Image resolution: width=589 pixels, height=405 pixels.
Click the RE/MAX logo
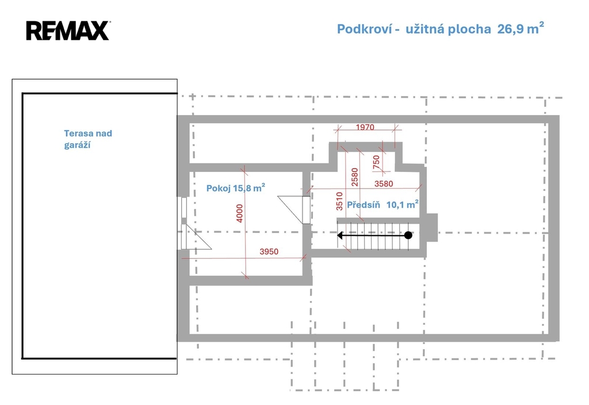tap(68, 30)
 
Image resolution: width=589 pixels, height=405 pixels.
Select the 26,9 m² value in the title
tap(521, 28)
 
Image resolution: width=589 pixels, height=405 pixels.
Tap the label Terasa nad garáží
tap(88, 139)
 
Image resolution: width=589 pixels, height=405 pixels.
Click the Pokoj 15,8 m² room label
tap(235, 188)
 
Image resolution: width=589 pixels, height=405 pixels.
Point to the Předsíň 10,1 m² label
tap(383, 204)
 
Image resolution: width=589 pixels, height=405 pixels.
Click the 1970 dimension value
tap(365, 127)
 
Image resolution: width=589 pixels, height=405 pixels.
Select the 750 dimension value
tap(376, 162)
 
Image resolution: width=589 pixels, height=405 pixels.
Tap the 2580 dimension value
tap(354, 177)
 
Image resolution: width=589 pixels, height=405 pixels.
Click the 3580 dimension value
tap(384, 184)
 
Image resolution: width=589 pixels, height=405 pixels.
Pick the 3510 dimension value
tap(339, 201)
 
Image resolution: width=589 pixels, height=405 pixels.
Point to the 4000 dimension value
tap(240, 213)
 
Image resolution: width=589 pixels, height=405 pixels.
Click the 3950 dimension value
tap(269, 251)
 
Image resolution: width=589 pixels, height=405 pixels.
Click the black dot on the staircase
tap(408, 235)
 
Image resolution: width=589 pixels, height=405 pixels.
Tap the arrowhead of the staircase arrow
tap(341, 235)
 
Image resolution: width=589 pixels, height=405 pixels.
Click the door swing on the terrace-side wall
tap(196, 236)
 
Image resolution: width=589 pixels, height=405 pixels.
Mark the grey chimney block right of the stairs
tap(431, 228)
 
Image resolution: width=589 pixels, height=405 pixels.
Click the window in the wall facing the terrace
tap(183, 207)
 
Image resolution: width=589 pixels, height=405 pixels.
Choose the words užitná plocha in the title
tap(448, 29)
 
